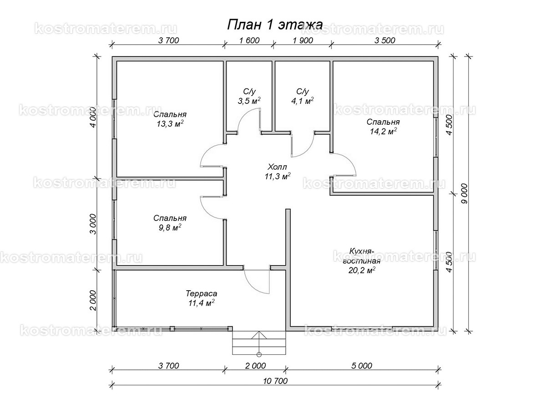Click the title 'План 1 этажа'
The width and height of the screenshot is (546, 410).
[x=275, y=25]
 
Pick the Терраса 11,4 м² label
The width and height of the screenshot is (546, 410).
[x=200, y=298]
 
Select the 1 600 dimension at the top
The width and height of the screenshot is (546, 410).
[x=248, y=40]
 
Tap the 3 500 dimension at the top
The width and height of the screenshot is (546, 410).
[x=384, y=40]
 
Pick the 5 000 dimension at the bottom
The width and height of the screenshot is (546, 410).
[x=362, y=365]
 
